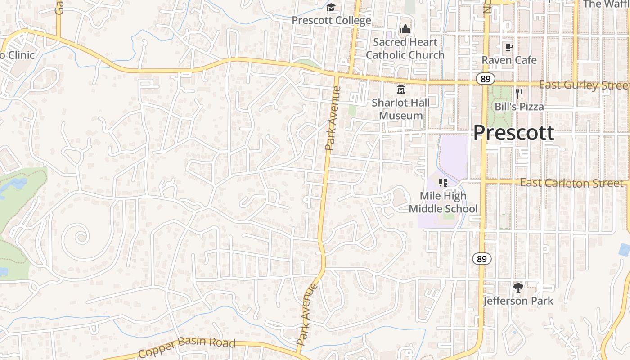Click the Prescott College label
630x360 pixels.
click(331, 20)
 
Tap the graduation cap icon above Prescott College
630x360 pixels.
click(331, 7)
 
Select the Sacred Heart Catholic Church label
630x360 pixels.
click(405, 49)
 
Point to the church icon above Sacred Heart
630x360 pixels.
click(405, 30)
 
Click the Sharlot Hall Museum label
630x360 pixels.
click(400, 109)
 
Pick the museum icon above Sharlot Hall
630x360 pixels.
click(400, 89)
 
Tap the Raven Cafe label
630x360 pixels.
click(509, 60)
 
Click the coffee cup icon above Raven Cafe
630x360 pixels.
click(509, 47)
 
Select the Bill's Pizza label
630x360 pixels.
click(519, 107)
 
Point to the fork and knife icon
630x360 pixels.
click(519, 94)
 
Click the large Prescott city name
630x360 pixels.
click(514, 133)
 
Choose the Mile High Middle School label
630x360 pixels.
click(443, 202)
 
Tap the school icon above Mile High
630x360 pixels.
click(443, 183)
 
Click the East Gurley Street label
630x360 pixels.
click(584, 85)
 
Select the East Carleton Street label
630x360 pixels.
click(571, 183)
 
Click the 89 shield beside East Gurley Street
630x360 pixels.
click(485, 79)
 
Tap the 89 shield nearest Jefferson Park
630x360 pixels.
click(482, 259)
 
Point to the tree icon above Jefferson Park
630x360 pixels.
click(518, 287)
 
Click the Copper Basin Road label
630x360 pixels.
click(187, 347)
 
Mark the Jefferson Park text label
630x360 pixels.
click(518, 301)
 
